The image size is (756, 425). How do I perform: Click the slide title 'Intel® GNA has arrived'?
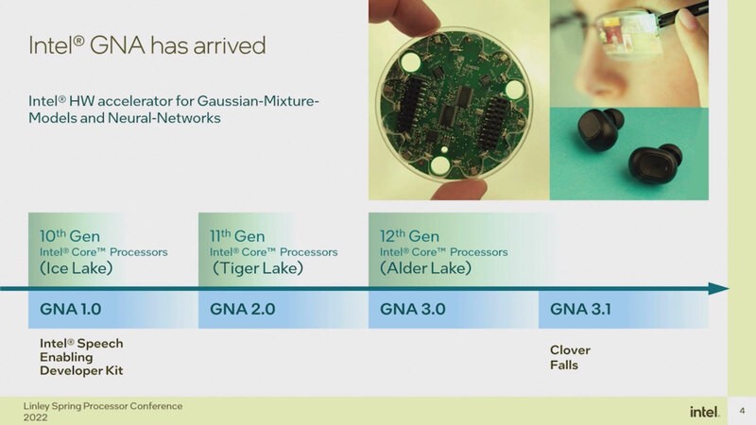pos(146,44)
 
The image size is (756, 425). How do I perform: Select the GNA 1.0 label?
pos(72,309)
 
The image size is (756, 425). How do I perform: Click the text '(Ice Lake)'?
pos(77,268)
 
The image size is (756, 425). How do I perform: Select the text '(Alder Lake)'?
pos(426,268)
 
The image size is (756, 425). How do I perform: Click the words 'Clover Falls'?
pos(570,357)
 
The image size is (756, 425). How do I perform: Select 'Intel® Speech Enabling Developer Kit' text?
pos(81,357)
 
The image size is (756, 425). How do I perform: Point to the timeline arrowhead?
pos(721,289)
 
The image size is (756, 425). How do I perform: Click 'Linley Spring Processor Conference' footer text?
pos(102,406)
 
